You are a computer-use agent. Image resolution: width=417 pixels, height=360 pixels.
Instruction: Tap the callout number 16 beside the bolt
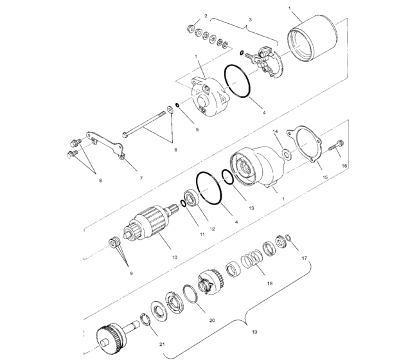point(344,166)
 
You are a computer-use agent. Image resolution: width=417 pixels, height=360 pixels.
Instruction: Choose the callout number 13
point(251,208)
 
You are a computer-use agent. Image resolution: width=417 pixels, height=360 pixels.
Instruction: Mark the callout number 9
point(131,273)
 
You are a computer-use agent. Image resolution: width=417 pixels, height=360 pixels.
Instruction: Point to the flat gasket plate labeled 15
point(310,147)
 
